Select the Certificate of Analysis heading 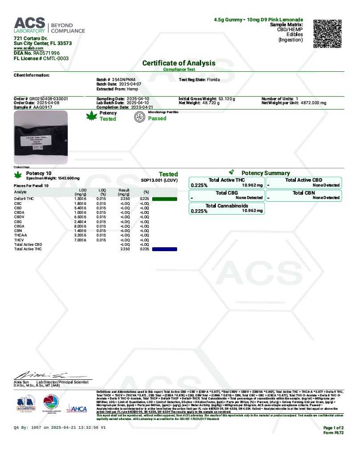pyautogui.click(x=179, y=63)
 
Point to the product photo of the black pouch pyautogui.click(x=41, y=138)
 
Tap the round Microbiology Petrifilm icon pyautogui.click(x=140, y=117)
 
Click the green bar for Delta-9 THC pyautogui.click(x=164, y=199)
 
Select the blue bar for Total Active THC pyautogui.click(x=164, y=249)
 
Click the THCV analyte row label pyautogui.click(x=20, y=240)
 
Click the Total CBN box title pyautogui.click(x=304, y=193)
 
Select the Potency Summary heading pyautogui.click(x=265, y=173)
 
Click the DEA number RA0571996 pyautogui.click(x=46, y=53)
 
